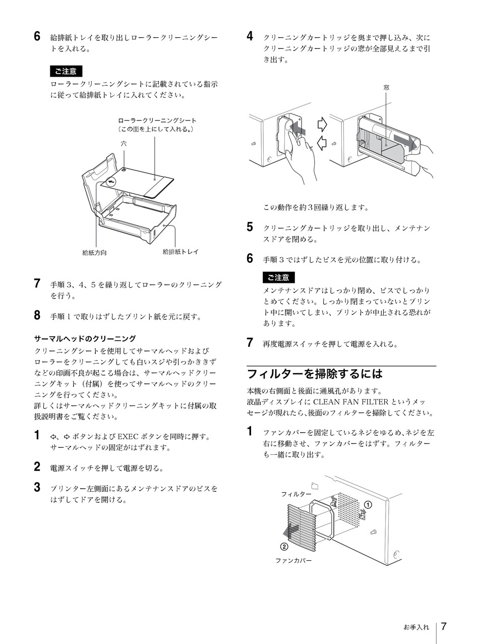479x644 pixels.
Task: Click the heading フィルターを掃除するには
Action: [x=314, y=374]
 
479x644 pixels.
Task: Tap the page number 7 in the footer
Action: [x=444, y=626]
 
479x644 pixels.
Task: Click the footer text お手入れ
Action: [x=416, y=627]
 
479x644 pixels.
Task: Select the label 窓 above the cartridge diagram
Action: [x=386, y=87]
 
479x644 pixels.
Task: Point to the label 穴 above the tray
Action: [x=124, y=144]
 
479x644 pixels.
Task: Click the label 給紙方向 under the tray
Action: [x=95, y=253]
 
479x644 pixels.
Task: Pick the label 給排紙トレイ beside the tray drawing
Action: [x=181, y=251]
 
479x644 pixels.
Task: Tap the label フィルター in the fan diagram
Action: [x=296, y=494]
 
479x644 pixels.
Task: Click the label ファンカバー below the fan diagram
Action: [x=293, y=560]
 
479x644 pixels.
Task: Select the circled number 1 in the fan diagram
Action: [x=368, y=504]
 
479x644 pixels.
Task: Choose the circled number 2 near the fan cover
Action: [x=284, y=547]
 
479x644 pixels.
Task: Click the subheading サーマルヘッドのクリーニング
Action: [x=85, y=338]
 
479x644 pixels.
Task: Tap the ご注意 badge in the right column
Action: [x=278, y=277]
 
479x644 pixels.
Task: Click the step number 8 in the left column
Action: [x=37, y=316]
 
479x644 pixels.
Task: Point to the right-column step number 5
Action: [x=250, y=227]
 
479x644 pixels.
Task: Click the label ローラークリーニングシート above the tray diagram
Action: [x=157, y=121]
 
